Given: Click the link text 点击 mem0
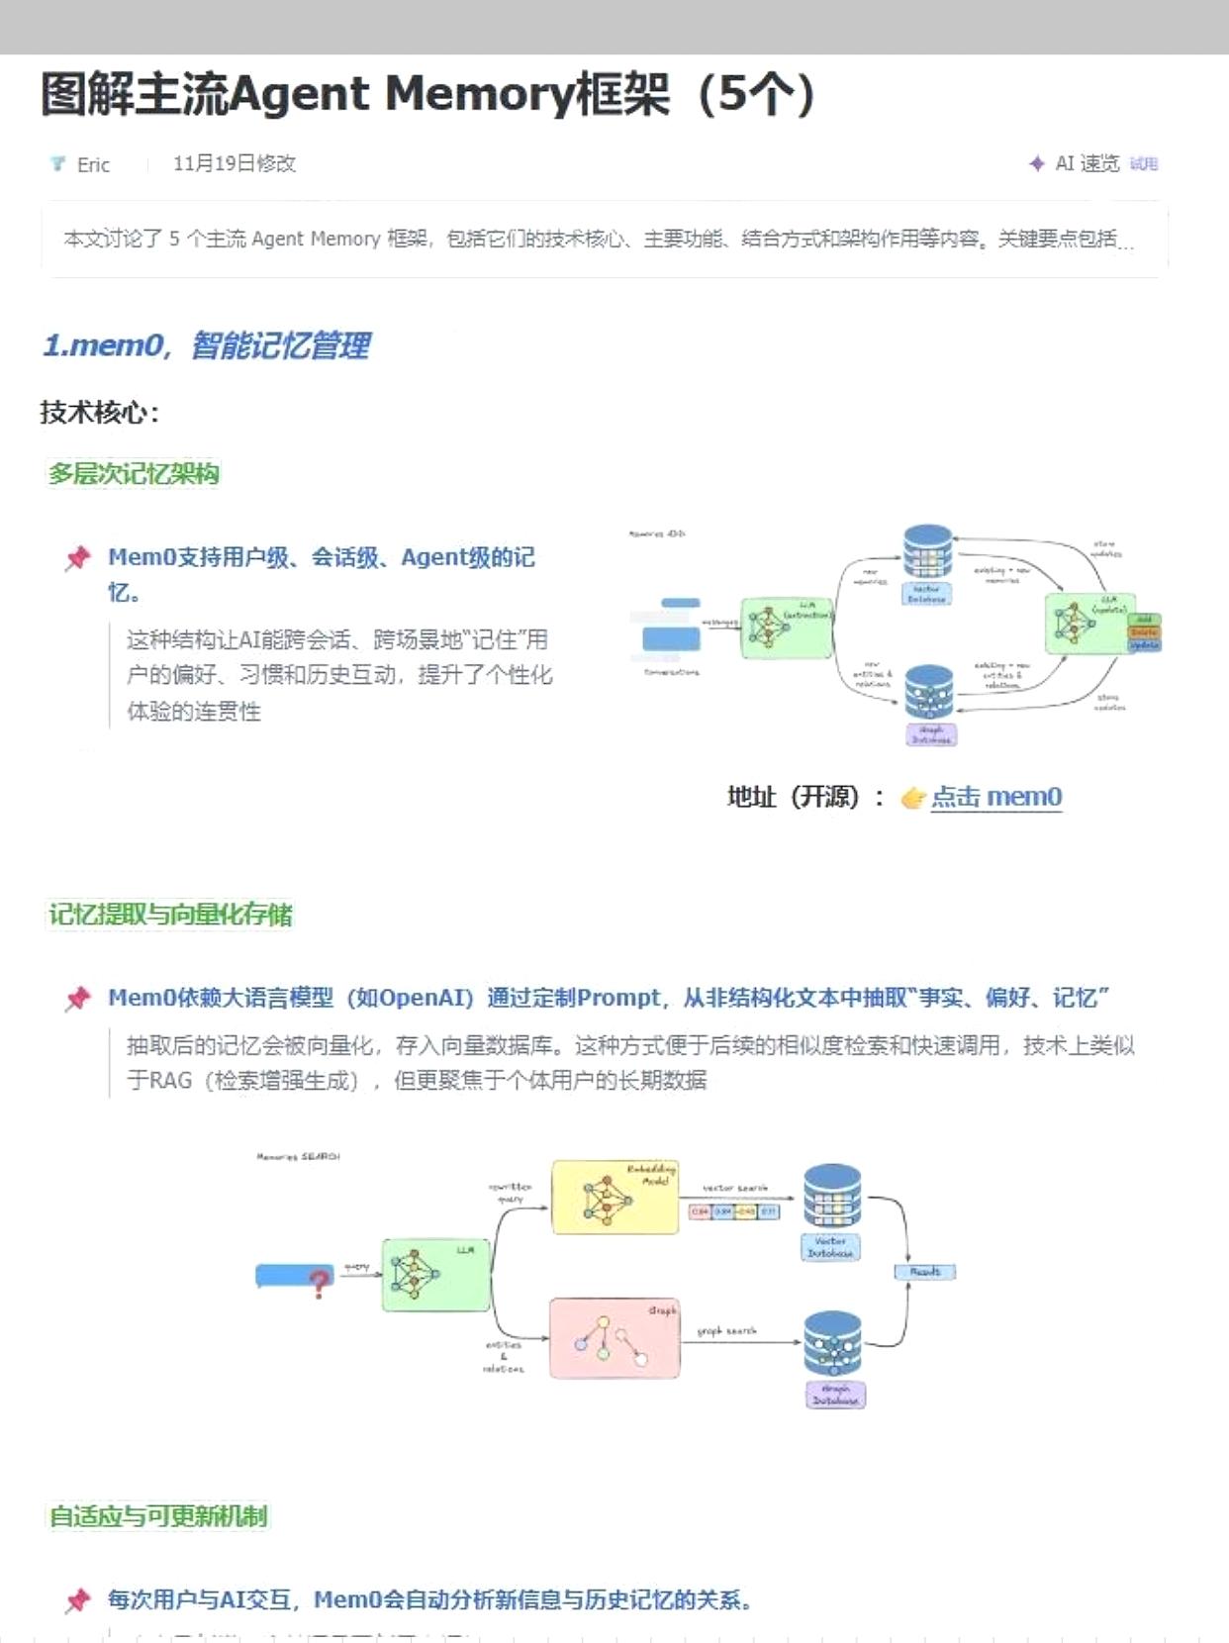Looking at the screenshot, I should pyautogui.click(x=995, y=797).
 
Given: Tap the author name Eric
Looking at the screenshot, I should pyautogui.click(x=93, y=164).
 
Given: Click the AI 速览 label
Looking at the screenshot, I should pyautogui.click(x=1087, y=163).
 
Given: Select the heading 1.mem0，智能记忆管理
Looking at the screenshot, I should pyautogui.click(x=206, y=345).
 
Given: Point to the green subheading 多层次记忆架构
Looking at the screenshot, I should pyautogui.click(x=134, y=473).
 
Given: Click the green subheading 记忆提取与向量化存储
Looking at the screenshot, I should pyautogui.click(x=170, y=914).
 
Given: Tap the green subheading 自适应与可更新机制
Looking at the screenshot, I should pyautogui.click(x=158, y=1515).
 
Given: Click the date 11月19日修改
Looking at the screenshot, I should pyautogui.click(x=235, y=163).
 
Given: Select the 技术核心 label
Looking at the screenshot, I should pyautogui.click(x=99, y=412).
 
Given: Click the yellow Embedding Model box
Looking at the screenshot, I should pyautogui.click(x=614, y=1198).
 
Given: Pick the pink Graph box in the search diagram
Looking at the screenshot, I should pyautogui.click(x=614, y=1338).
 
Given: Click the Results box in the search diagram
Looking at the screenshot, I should pyautogui.click(x=925, y=1272).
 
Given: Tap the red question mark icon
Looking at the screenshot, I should pyautogui.click(x=319, y=1285).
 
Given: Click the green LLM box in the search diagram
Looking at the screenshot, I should pyautogui.click(x=435, y=1275).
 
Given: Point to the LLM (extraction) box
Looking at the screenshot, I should pyautogui.click(x=787, y=628).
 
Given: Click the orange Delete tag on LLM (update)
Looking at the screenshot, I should pyautogui.click(x=1144, y=632).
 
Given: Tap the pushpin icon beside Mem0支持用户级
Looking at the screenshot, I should pyautogui.click(x=78, y=558).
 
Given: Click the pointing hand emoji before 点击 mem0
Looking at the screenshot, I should pyautogui.click(x=912, y=798).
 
